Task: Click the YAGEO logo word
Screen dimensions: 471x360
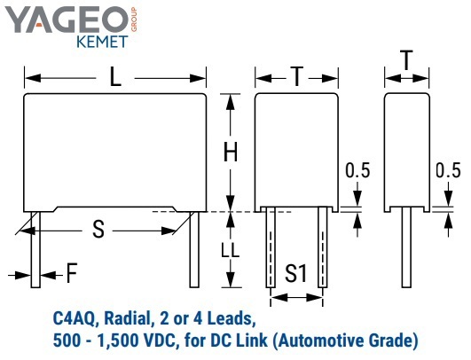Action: [67, 20]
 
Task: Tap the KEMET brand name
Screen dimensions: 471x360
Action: [102, 42]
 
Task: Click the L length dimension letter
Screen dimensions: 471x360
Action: [115, 77]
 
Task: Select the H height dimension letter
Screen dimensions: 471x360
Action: [231, 152]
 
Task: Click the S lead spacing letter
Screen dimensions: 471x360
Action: [98, 229]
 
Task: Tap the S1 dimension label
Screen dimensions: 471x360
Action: [296, 273]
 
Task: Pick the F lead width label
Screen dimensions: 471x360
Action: [72, 273]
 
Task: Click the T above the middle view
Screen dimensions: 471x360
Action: [297, 77]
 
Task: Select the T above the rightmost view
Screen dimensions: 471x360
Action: [407, 60]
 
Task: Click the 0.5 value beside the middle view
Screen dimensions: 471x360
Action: [357, 170]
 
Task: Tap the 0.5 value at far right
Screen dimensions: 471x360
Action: [448, 170]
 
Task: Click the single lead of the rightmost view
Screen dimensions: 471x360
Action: [407, 247]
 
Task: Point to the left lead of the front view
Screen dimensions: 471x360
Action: [35, 249]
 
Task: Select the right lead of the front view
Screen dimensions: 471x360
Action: [194, 249]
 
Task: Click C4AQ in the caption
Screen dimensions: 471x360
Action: [75, 319]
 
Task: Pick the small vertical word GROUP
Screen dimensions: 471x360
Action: [134, 20]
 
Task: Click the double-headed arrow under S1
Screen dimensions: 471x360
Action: [296, 298]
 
